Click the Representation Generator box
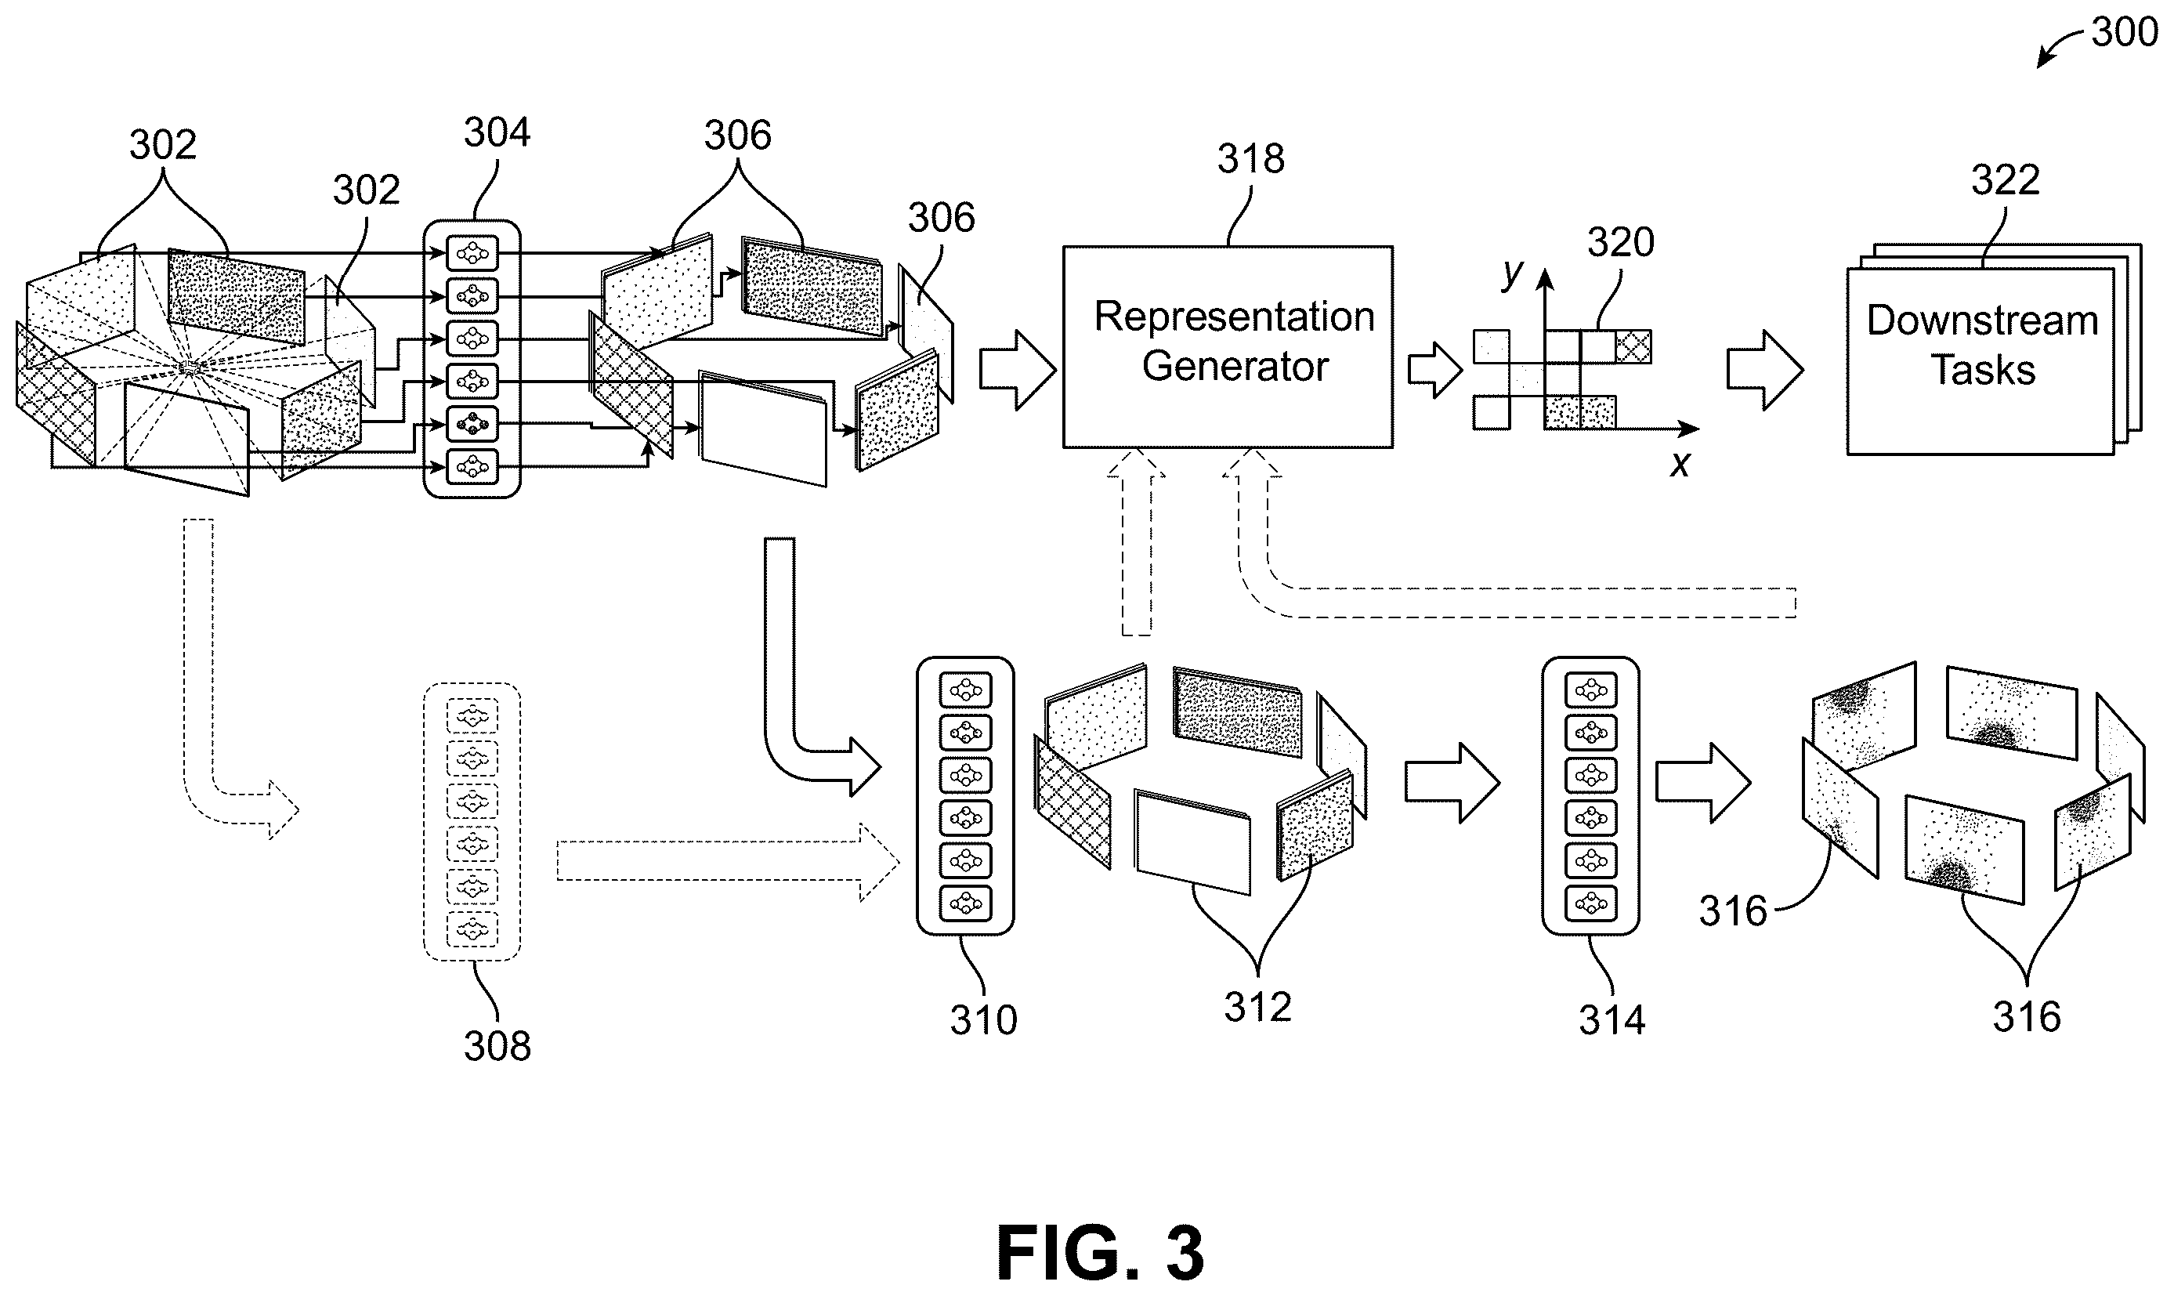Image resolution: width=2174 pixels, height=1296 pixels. [x=1228, y=346]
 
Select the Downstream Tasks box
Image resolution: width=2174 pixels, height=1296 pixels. [x=1980, y=360]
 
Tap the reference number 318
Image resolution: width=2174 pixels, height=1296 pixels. [x=1251, y=159]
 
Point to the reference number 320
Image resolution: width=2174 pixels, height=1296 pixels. [x=1620, y=242]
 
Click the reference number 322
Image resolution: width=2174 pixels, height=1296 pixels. [x=2006, y=180]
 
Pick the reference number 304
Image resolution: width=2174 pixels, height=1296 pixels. [x=497, y=132]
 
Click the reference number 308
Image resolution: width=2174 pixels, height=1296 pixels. [x=497, y=1046]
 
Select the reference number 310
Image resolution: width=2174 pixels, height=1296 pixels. [x=984, y=1020]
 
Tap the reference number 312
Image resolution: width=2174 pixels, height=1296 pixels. [x=1257, y=1008]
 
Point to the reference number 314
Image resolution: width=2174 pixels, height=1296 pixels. [x=1612, y=1020]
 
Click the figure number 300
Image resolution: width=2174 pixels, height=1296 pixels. [x=2124, y=32]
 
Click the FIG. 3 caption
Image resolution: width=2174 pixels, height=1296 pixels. [x=1100, y=1252]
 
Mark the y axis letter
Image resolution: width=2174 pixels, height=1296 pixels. [x=1512, y=273]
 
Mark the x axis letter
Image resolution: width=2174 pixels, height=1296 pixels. [x=1680, y=465]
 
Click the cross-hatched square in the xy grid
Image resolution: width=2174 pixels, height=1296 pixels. [x=1633, y=346]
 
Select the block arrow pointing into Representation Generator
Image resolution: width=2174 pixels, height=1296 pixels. [x=1017, y=371]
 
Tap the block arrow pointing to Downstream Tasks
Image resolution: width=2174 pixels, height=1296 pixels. [x=1764, y=371]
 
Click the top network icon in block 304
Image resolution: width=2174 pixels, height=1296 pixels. [x=472, y=253]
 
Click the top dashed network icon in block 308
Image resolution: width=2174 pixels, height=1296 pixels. [x=472, y=716]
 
